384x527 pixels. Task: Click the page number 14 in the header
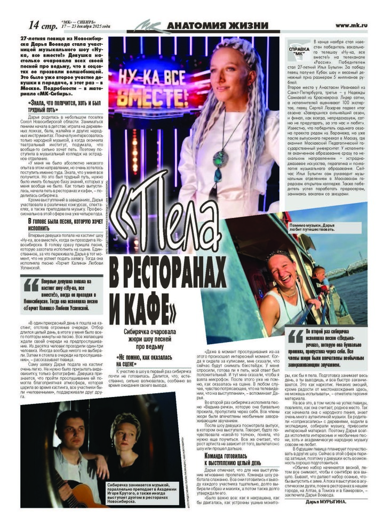point(34,25)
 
